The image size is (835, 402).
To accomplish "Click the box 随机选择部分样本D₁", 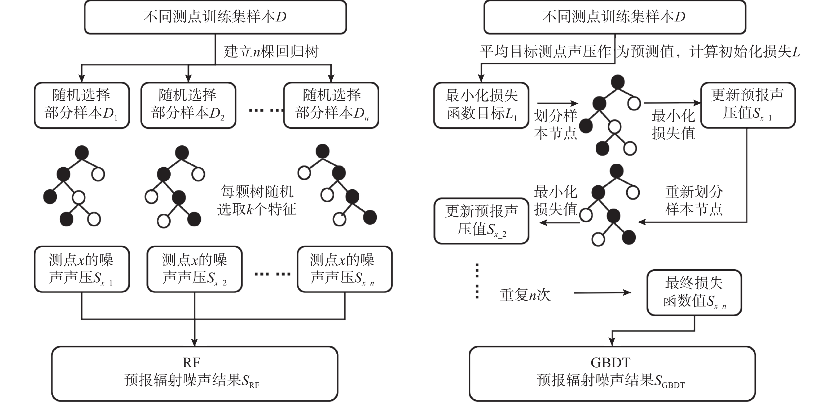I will coord(82,105).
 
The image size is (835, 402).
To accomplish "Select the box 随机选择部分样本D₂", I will coord(188,105).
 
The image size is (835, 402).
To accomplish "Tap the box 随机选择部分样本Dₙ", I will coord(331,105).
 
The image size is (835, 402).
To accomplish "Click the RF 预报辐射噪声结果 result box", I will coord(195,373).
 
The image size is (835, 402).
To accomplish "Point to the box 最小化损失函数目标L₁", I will coord(481,105).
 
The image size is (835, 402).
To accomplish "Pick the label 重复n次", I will coord(525,295).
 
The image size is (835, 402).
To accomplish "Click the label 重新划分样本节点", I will coord(694,200).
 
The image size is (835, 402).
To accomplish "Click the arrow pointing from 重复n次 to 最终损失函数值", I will coord(602,293).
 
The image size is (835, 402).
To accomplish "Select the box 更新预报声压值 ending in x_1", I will coord(748,105).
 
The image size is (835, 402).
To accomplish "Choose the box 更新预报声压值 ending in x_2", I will coord(481,221).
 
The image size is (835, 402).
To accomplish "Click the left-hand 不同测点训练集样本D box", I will coord(215,17).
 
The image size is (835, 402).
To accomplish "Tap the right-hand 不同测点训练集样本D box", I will coord(614,17).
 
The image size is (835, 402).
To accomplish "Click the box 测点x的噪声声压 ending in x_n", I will coord(345,269).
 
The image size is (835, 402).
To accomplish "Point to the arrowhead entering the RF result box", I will coord(195,343).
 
